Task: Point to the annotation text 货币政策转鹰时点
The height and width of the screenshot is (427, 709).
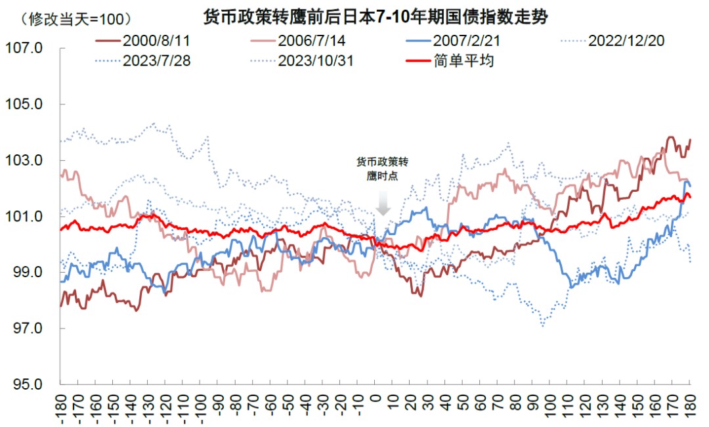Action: click(382, 169)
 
